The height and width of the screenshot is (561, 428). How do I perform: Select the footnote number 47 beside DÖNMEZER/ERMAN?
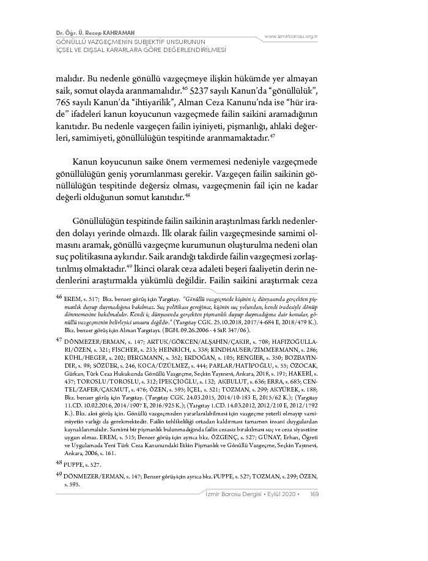pos(59,338)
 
